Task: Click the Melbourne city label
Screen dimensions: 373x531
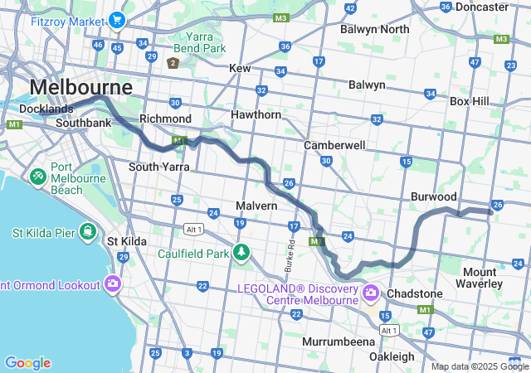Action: [80, 87]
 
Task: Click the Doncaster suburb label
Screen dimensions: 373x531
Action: [481, 7]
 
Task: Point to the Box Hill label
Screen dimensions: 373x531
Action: [470, 101]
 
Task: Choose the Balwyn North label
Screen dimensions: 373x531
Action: [375, 29]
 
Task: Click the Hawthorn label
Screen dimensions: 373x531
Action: [256, 114]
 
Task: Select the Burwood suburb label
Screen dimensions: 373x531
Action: [434, 196]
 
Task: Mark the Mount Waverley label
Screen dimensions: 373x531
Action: [481, 278]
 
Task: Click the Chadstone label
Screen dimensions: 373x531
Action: [413, 294]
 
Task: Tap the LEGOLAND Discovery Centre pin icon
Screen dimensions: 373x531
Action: [371, 293]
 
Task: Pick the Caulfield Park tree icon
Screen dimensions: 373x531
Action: [241, 251]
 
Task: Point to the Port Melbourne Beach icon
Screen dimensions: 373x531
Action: [38, 177]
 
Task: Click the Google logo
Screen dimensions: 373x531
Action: [27, 363]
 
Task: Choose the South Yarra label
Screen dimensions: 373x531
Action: [159, 167]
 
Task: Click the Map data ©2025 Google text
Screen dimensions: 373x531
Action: [479, 366]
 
